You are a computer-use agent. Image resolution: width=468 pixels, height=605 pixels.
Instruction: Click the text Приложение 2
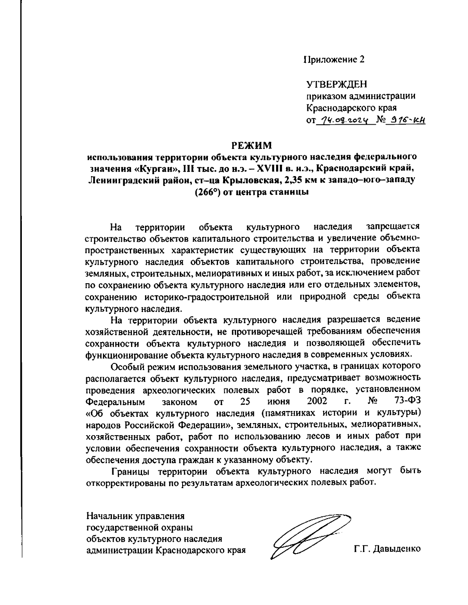pos(335,59)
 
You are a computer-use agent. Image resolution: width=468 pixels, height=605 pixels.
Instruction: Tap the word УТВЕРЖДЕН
pos(337,84)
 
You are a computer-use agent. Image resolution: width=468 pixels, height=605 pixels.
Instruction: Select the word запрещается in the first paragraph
pos(393,226)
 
